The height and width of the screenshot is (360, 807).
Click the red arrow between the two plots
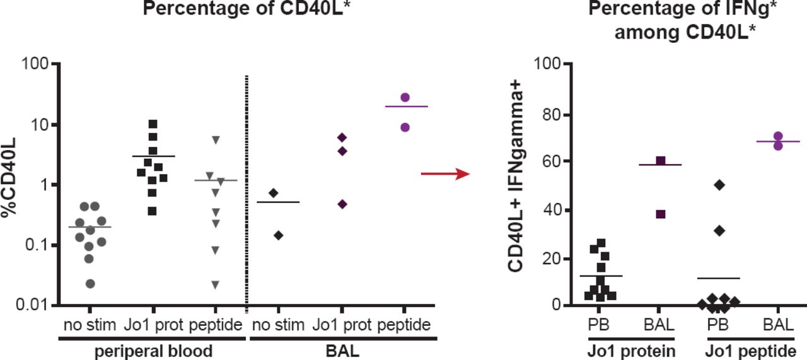[x=445, y=173]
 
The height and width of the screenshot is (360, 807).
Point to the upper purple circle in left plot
[x=405, y=97]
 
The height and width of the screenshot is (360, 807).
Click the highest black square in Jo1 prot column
[x=153, y=124]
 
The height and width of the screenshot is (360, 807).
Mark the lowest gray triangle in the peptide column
[x=216, y=285]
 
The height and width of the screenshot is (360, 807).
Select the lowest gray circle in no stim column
[x=91, y=284]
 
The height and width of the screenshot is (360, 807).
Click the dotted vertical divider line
[x=246, y=189]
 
